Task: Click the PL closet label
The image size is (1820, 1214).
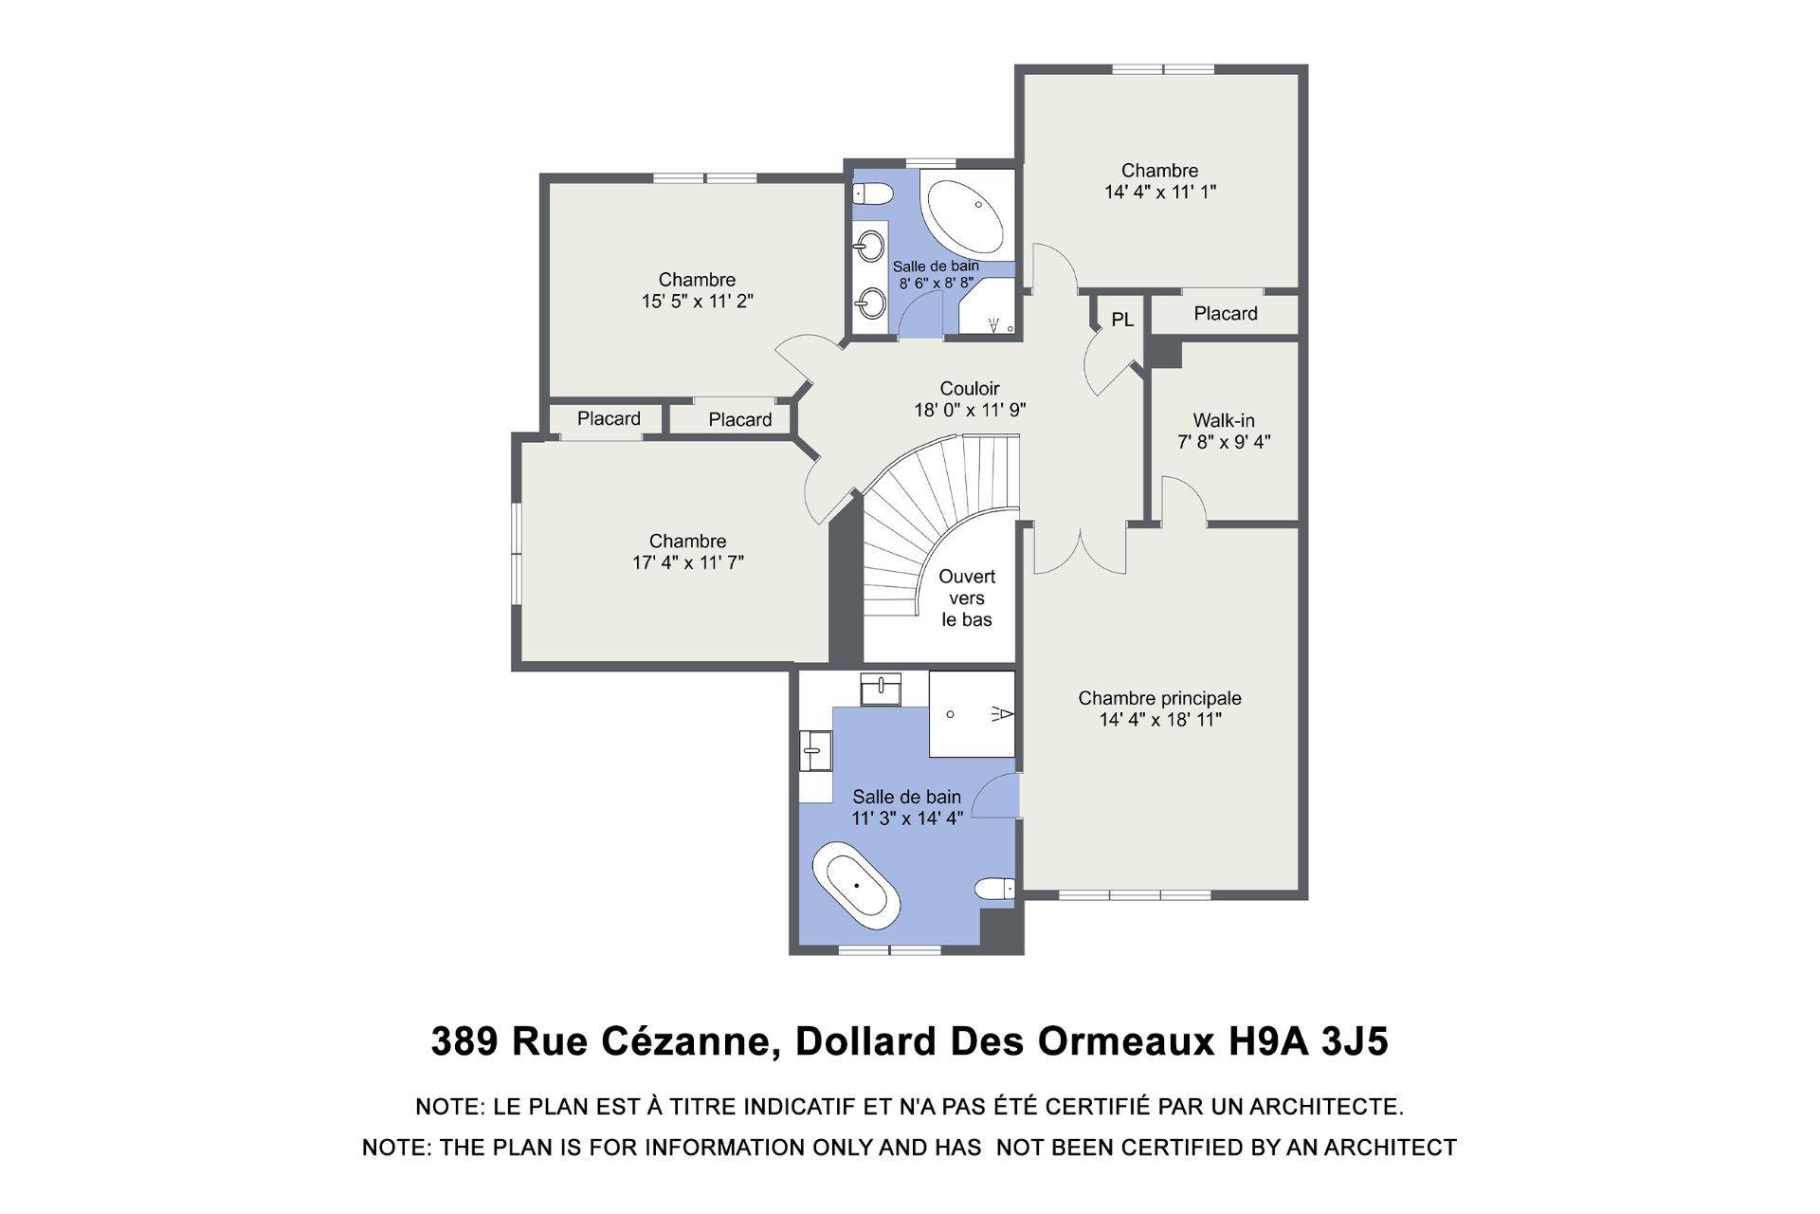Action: [x=1122, y=321]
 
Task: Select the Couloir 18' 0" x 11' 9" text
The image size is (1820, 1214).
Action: [x=970, y=399]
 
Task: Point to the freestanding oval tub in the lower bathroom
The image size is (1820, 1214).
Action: [x=856, y=885]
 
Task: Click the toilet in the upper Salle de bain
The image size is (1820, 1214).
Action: [x=873, y=194]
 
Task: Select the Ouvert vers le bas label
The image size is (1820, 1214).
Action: [x=967, y=598]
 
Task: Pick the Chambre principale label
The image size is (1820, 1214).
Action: [x=1159, y=708]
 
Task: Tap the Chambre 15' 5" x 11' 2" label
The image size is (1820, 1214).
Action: [x=697, y=290]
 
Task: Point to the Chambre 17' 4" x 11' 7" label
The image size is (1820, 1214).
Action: [x=687, y=551]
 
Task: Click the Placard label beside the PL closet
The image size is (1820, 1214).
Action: [x=1225, y=314]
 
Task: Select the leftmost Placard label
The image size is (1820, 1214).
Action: [x=609, y=418]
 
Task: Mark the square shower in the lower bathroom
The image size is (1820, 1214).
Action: [x=972, y=713]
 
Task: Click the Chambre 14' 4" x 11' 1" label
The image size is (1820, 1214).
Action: [x=1159, y=180]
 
